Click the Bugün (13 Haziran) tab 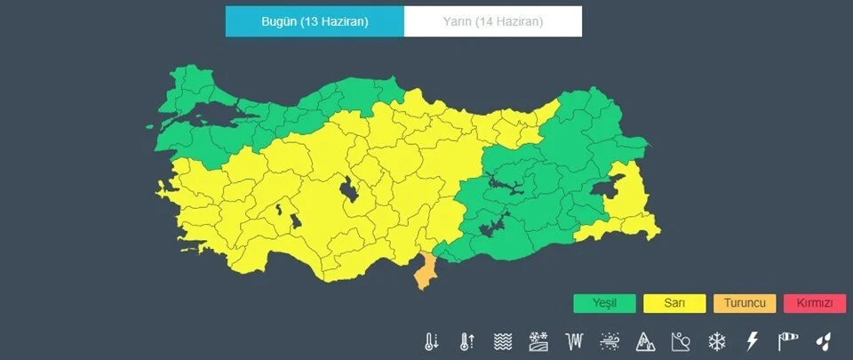tap(315, 21)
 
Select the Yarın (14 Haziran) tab tap(493, 21)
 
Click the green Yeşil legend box tap(604, 303)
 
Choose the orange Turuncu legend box tap(745, 303)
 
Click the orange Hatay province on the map tap(425, 272)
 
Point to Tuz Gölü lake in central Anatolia tap(348, 190)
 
